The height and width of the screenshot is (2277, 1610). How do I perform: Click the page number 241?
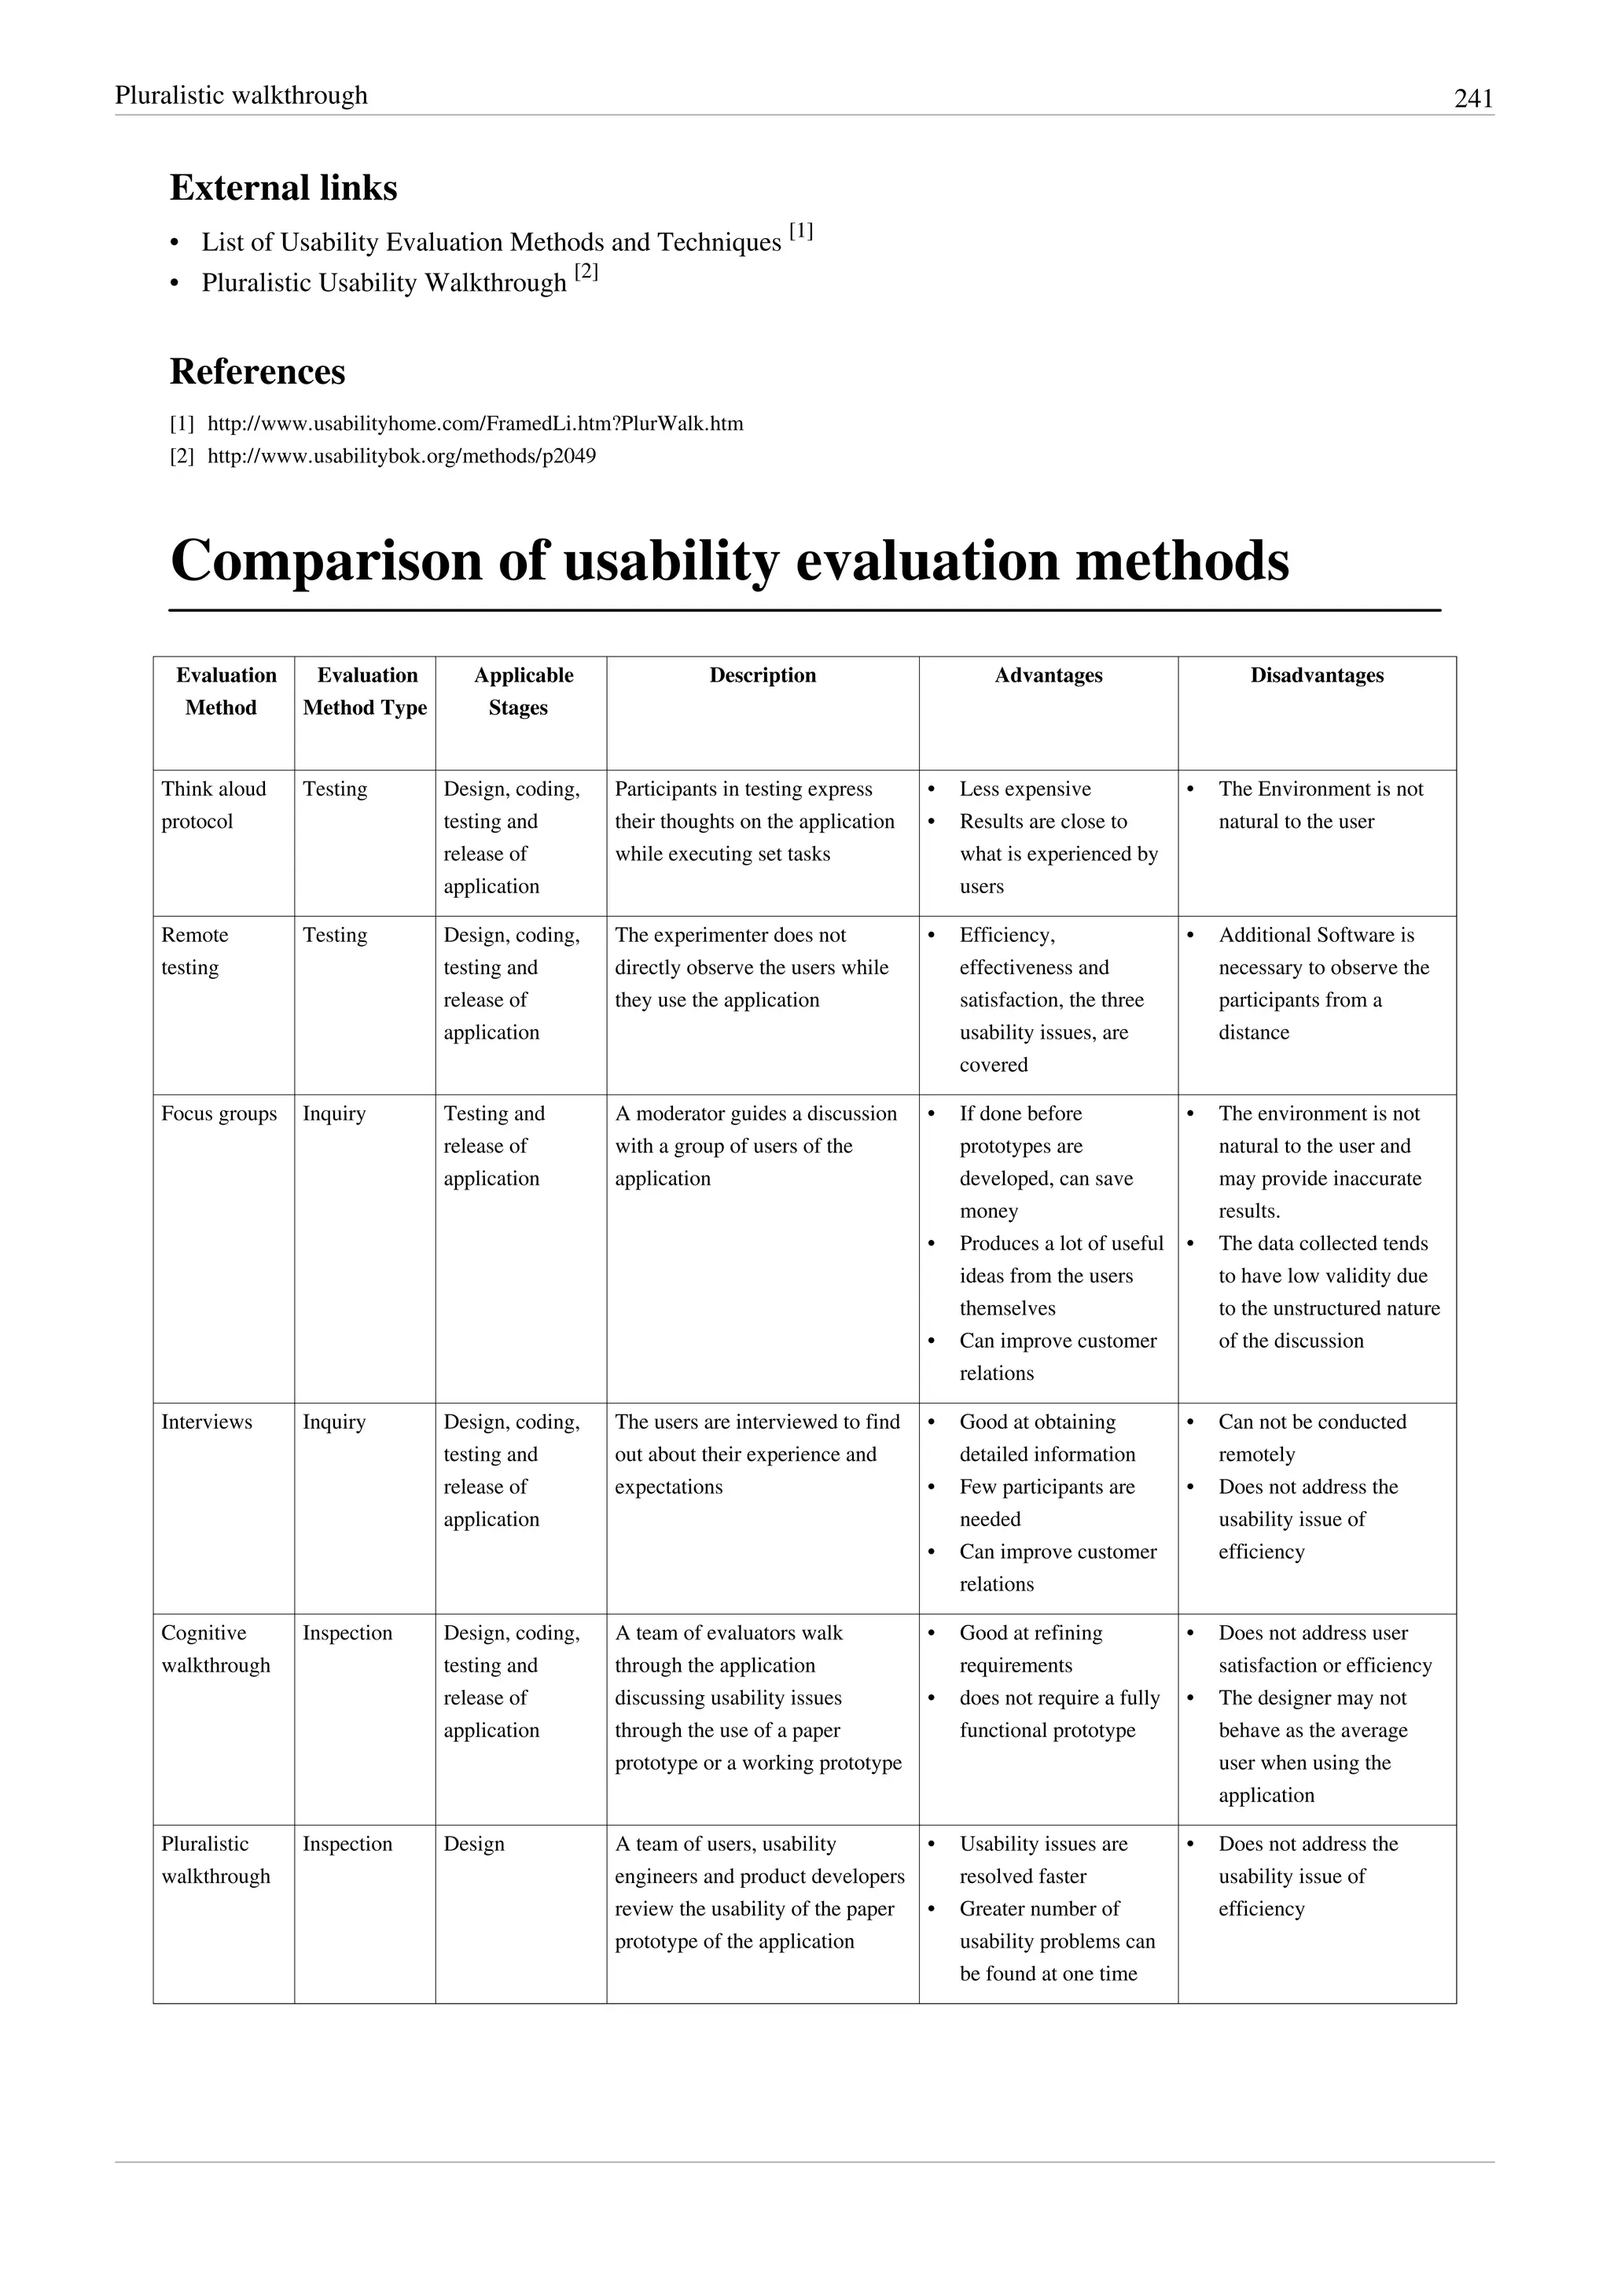[1472, 98]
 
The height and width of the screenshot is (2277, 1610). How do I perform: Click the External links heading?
[284, 187]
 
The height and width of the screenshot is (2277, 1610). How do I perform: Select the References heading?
[258, 371]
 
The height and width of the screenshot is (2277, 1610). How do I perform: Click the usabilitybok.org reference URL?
[402, 456]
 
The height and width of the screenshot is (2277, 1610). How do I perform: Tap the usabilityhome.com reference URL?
[475, 424]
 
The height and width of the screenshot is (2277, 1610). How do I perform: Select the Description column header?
[763, 675]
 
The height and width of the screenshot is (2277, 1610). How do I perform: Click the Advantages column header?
[1048, 675]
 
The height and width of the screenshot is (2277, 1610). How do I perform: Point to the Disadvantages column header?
[1317, 675]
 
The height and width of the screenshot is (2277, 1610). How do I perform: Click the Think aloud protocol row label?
[213, 804]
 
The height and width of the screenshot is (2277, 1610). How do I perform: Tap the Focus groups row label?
[219, 1113]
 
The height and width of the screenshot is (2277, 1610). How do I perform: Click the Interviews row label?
[206, 1422]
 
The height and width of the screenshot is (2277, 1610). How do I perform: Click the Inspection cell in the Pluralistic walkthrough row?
[347, 1844]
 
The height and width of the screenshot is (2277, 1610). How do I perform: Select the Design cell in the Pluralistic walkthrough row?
[474, 1844]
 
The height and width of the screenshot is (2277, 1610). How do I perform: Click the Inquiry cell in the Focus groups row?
[334, 1113]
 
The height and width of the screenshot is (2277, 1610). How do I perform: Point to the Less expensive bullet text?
[1024, 789]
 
